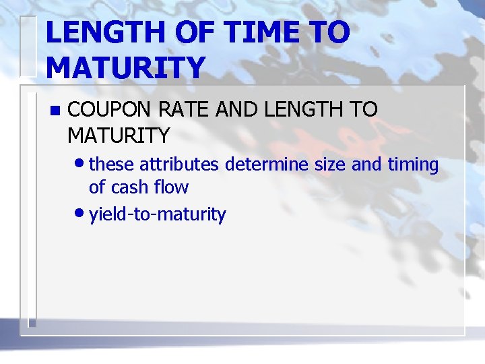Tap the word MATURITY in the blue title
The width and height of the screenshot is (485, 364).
click(125, 67)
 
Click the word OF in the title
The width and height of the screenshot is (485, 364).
click(189, 33)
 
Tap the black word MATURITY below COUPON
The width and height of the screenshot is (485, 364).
click(119, 135)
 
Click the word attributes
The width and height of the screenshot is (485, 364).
click(180, 164)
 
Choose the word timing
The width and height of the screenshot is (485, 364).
click(412, 165)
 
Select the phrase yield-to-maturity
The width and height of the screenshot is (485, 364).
click(158, 215)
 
